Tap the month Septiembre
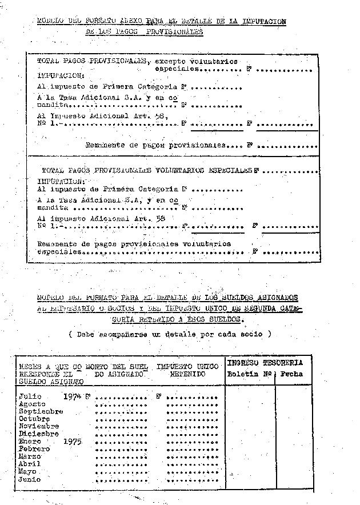pyautogui.click(x=41, y=411)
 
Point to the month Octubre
pyautogui.click(x=34, y=419)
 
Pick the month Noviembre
pyautogui.click(x=38, y=426)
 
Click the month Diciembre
pyautogui.click(x=38, y=434)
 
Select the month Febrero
pyautogui.click(x=34, y=449)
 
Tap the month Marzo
pyautogui.click(x=30, y=456)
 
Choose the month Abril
pyautogui.click(x=30, y=464)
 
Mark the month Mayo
pyautogui.click(x=27, y=472)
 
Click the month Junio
pyautogui.click(x=30, y=480)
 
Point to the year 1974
pyautogui.click(x=73, y=395)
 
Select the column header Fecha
pyautogui.click(x=292, y=374)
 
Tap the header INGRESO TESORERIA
pyautogui.click(x=265, y=362)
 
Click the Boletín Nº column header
pyautogui.click(x=249, y=374)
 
